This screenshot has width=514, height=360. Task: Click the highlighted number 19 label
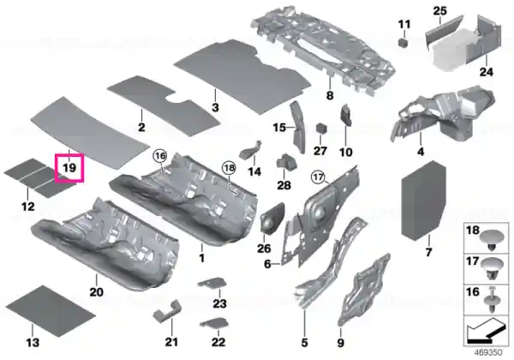[69, 168]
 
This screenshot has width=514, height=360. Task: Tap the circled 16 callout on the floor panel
[160, 156]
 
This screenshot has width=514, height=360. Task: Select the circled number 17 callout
[318, 177]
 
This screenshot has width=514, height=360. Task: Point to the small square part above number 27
[321, 128]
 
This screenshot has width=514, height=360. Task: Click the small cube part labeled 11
[403, 43]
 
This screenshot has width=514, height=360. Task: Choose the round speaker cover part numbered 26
[272, 217]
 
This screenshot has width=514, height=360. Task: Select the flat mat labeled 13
[51, 311]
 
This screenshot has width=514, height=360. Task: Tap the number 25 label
[439, 11]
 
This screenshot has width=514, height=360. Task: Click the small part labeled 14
[251, 151]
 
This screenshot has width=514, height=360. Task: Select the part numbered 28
[286, 162]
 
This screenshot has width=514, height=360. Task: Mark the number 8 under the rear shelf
[330, 95]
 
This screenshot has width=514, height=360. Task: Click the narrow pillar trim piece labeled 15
[297, 127]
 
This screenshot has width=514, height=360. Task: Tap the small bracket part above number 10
[346, 115]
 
